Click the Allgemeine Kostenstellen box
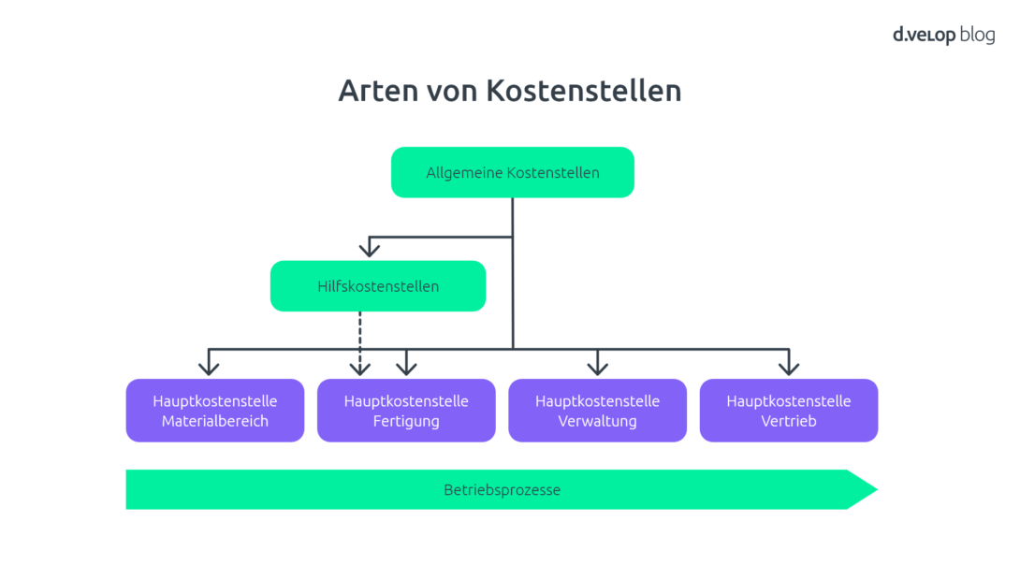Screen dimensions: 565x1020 tap(512, 172)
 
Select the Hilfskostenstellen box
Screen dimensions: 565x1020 tap(377, 286)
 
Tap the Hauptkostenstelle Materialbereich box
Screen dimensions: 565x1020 tap(214, 410)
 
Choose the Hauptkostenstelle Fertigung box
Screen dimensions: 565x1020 tap(405, 410)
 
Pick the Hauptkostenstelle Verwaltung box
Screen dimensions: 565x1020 tap(597, 410)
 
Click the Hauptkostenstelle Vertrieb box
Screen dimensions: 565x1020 tap(788, 410)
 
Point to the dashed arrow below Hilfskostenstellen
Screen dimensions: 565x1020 tap(360, 337)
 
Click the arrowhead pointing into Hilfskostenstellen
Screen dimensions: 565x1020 tap(370, 249)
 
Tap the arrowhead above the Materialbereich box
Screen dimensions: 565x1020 tap(211, 367)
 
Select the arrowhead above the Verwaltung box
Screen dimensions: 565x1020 tap(597, 367)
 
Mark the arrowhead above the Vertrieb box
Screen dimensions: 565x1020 tap(789, 367)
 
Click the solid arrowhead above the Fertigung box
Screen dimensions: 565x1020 tap(405, 367)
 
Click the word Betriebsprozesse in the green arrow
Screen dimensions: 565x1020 tap(502, 490)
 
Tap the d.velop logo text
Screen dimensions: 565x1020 tap(923, 36)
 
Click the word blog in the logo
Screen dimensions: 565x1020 tap(977, 36)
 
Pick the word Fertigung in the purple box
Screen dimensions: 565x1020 tap(406, 421)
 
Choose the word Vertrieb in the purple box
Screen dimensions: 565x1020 tap(788, 421)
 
